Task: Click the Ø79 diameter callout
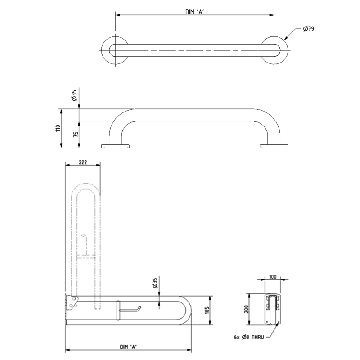308,29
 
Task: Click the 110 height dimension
58,128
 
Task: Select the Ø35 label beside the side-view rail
74,96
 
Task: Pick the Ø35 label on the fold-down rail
155,283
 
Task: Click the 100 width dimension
272,277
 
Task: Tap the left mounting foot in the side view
116,146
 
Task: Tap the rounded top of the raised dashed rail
85,188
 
